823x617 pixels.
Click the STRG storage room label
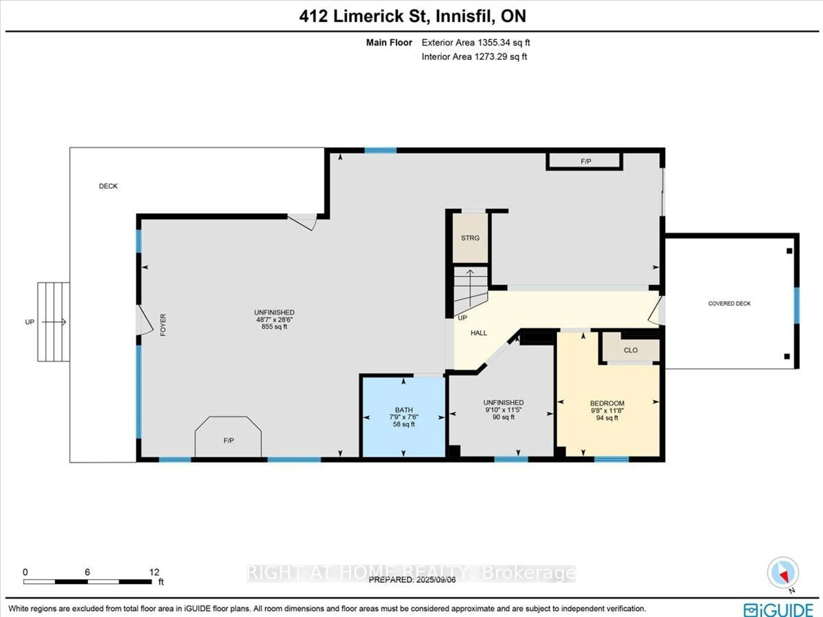[470, 238]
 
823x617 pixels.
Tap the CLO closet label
[630, 350]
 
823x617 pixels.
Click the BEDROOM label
[607, 403]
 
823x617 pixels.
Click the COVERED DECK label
[729, 303]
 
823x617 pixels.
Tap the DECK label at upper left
[108, 186]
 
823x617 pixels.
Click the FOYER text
[163, 325]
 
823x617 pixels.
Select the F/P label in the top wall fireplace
[586, 161]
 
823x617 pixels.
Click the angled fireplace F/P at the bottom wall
[228, 440]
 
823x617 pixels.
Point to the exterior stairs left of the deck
[53, 322]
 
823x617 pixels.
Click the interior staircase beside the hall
[470, 289]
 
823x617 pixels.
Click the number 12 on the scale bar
[154, 572]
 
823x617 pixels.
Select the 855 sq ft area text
[274, 327]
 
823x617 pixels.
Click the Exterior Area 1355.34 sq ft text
[476, 42]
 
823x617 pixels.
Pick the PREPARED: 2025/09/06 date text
[412, 580]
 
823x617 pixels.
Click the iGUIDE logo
[778, 610]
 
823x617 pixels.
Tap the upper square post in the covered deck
[789, 251]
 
